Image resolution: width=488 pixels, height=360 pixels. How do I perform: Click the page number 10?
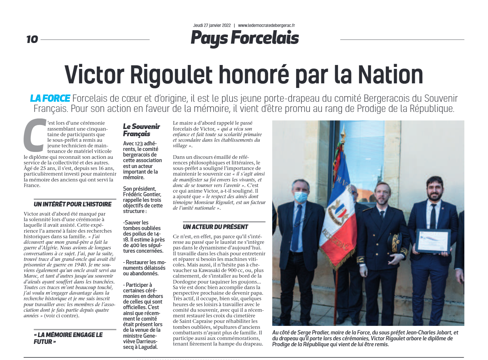pyautogui.click(x=32, y=39)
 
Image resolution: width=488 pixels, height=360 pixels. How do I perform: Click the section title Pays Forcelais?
pyautogui.click(x=245, y=38)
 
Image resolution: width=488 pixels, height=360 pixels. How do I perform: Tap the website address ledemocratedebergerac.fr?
pyautogui.click(x=266, y=25)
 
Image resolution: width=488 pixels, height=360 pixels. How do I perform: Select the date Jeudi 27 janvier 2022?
pyautogui.click(x=212, y=25)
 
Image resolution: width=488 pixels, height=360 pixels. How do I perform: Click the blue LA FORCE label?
pyautogui.click(x=50, y=98)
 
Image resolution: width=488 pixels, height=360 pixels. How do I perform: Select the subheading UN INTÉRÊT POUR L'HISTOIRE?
pyautogui.click(x=73, y=204)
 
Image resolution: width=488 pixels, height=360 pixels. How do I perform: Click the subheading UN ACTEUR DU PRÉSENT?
pyautogui.click(x=215, y=227)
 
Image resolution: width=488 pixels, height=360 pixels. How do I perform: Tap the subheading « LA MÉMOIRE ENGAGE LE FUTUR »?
pyautogui.click(x=68, y=338)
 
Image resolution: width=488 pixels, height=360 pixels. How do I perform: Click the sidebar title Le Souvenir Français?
pyautogui.click(x=141, y=130)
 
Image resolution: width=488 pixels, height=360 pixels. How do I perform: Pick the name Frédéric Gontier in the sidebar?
pyautogui.click(x=142, y=194)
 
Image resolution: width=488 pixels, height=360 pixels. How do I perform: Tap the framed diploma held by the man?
pyautogui.click(x=433, y=242)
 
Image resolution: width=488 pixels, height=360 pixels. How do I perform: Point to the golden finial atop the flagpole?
pyautogui.click(x=343, y=135)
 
